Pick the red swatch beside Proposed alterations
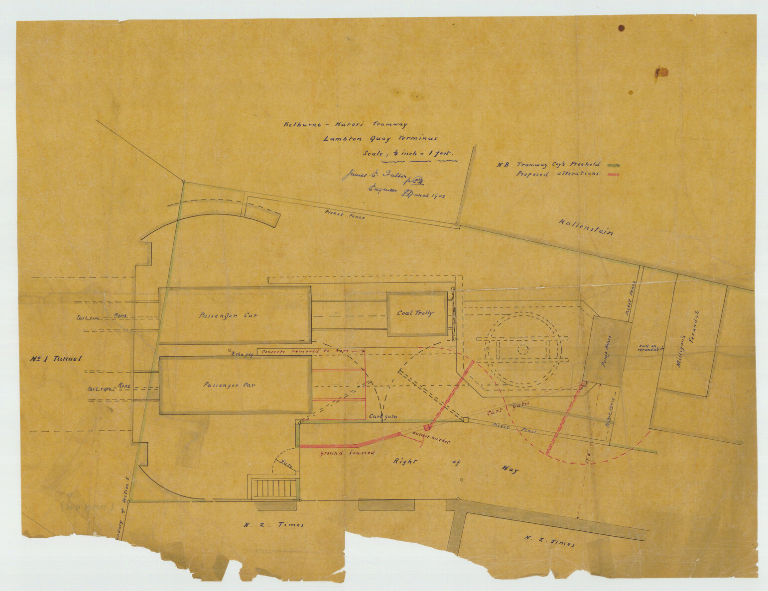(x=613, y=175)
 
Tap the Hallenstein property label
(x=586, y=227)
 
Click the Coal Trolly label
(x=415, y=313)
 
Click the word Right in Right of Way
(x=405, y=461)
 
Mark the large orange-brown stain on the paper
(x=660, y=73)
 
